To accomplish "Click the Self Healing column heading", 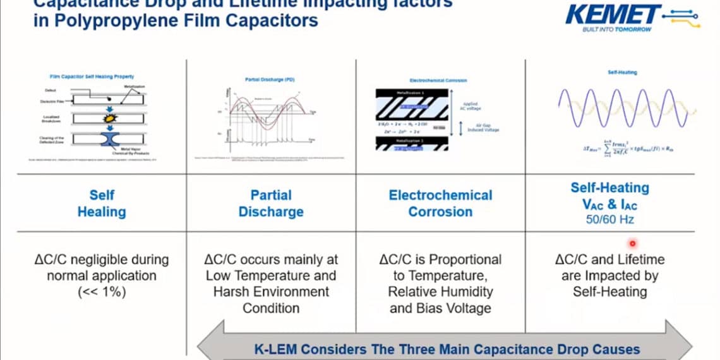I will [101, 203].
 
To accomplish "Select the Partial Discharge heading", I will [270, 203].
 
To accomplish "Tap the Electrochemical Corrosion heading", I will [440, 203].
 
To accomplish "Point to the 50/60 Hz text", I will [609, 220].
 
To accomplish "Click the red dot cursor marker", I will [632, 243].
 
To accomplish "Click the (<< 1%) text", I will [102, 292].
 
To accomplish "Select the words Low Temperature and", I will [271, 275].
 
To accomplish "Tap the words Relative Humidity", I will [440, 292].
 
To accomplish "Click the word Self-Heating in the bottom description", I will [609, 292].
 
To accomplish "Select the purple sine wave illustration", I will [622, 109].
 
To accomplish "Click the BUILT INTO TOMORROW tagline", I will [616, 30].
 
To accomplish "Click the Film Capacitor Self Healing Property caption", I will [92, 76].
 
